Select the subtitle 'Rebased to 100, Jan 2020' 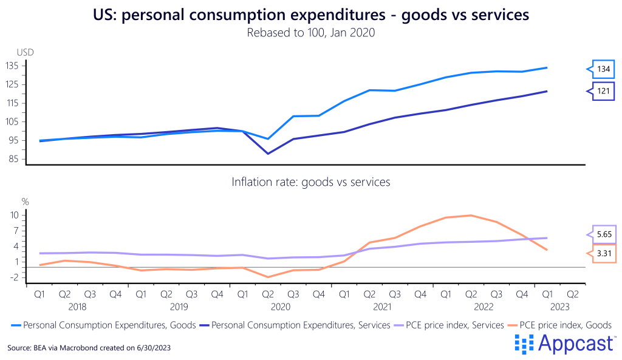pos(310,33)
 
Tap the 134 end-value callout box pos(603,69)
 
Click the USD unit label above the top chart pos(25,52)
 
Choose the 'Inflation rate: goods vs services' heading pos(310,182)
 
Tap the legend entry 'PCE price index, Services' pos(450,325)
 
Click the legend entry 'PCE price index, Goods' pos(565,325)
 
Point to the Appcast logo pos(564,344)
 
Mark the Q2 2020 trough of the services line pos(268,154)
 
